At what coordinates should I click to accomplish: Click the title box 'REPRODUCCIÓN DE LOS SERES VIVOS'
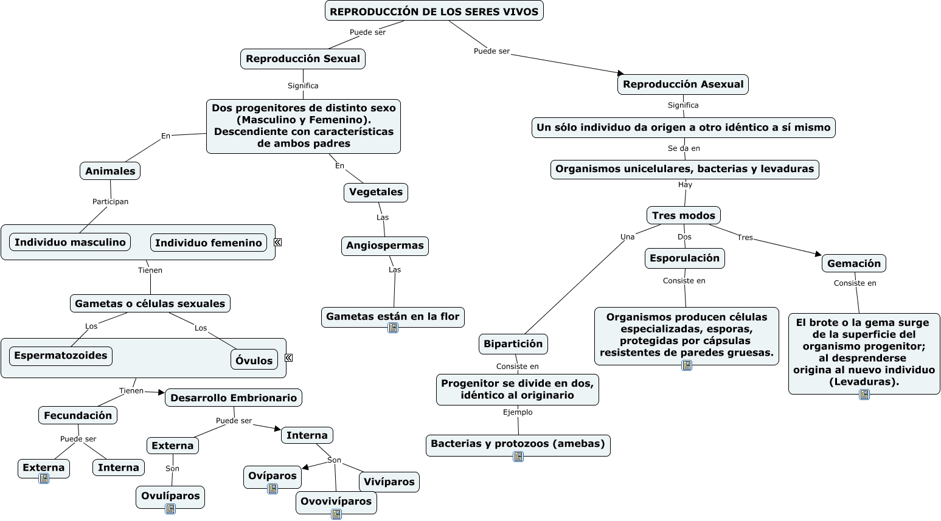pyautogui.click(x=434, y=11)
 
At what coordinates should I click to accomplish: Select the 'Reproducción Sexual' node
pyautogui.click(x=303, y=59)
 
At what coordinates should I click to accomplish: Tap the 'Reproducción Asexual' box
pyautogui.click(x=682, y=85)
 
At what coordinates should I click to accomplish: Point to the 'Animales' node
pyautogui.click(x=110, y=171)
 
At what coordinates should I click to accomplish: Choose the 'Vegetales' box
pyautogui.click(x=376, y=192)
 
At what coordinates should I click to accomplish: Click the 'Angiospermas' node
pyautogui.click(x=384, y=246)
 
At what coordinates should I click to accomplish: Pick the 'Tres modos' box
pyautogui.click(x=683, y=215)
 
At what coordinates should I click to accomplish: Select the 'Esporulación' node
pyautogui.click(x=684, y=258)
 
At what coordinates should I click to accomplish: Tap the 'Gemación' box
pyautogui.click(x=854, y=263)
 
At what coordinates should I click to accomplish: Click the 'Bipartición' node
pyautogui.click(x=513, y=344)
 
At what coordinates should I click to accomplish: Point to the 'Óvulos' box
pyautogui.click(x=254, y=361)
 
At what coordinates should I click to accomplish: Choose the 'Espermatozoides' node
pyautogui.click(x=61, y=356)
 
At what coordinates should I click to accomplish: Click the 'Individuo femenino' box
pyautogui.click(x=209, y=243)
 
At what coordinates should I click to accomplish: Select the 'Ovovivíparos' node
pyautogui.click(x=336, y=502)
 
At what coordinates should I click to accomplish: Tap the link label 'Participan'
pyautogui.click(x=110, y=202)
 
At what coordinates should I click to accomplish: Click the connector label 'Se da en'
pyautogui.click(x=684, y=148)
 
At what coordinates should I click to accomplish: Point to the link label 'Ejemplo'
pyautogui.click(x=518, y=412)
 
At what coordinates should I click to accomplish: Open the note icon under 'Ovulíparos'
pyautogui.click(x=170, y=509)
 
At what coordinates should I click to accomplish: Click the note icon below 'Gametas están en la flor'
pyautogui.click(x=393, y=328)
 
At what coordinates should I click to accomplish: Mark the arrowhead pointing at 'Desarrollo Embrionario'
pyautogui.click(x=161, y=393)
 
